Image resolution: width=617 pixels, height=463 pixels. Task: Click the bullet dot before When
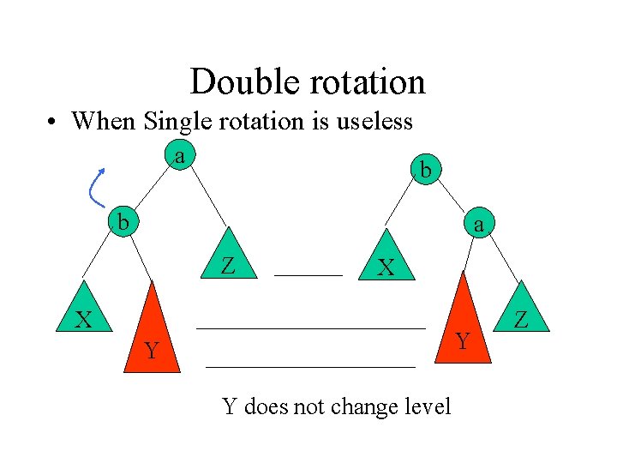tap(52, 123)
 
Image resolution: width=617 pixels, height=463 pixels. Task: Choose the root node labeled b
tap(424, 170)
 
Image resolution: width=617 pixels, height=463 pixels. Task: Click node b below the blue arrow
tap(125, 221)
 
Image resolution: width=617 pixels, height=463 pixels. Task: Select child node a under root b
tap(479, 225)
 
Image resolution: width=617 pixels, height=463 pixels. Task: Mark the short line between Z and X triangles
tap(308, 274)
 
